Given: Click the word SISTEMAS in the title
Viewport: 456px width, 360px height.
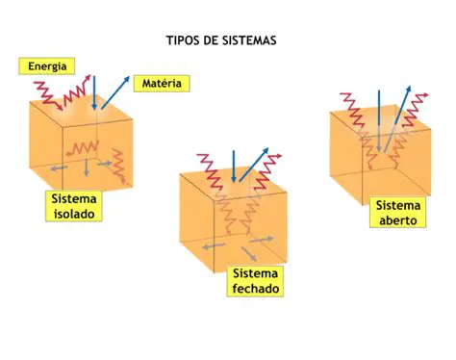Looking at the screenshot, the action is click(249, 41).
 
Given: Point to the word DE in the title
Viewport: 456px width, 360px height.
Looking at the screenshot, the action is click(212, 41).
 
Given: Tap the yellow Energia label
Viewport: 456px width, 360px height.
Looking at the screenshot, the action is click(47, 66).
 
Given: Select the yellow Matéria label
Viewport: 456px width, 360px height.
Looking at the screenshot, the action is click(162, 85).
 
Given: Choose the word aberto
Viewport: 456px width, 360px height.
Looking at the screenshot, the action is click(398, 219).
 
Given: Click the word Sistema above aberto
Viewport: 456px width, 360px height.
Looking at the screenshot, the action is click(398, 205).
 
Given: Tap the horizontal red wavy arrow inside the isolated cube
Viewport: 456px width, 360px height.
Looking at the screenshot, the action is click(82, 146).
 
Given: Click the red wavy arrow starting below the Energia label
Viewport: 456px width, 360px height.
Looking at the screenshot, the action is click(46, 93).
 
